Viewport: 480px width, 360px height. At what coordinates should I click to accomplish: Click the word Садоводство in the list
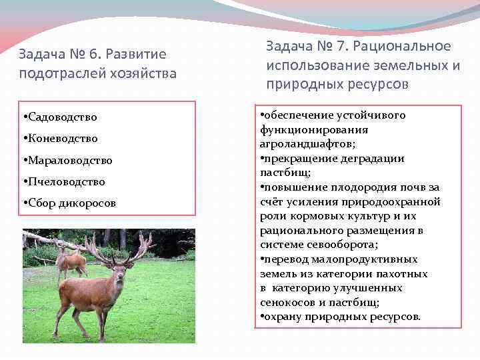(x=62, y=117)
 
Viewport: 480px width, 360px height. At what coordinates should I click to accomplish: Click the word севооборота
(x=346, y=245)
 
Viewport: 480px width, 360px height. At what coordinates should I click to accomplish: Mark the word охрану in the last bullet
(x=282, y=317)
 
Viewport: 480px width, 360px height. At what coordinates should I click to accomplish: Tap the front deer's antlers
(x=120, y=245)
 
